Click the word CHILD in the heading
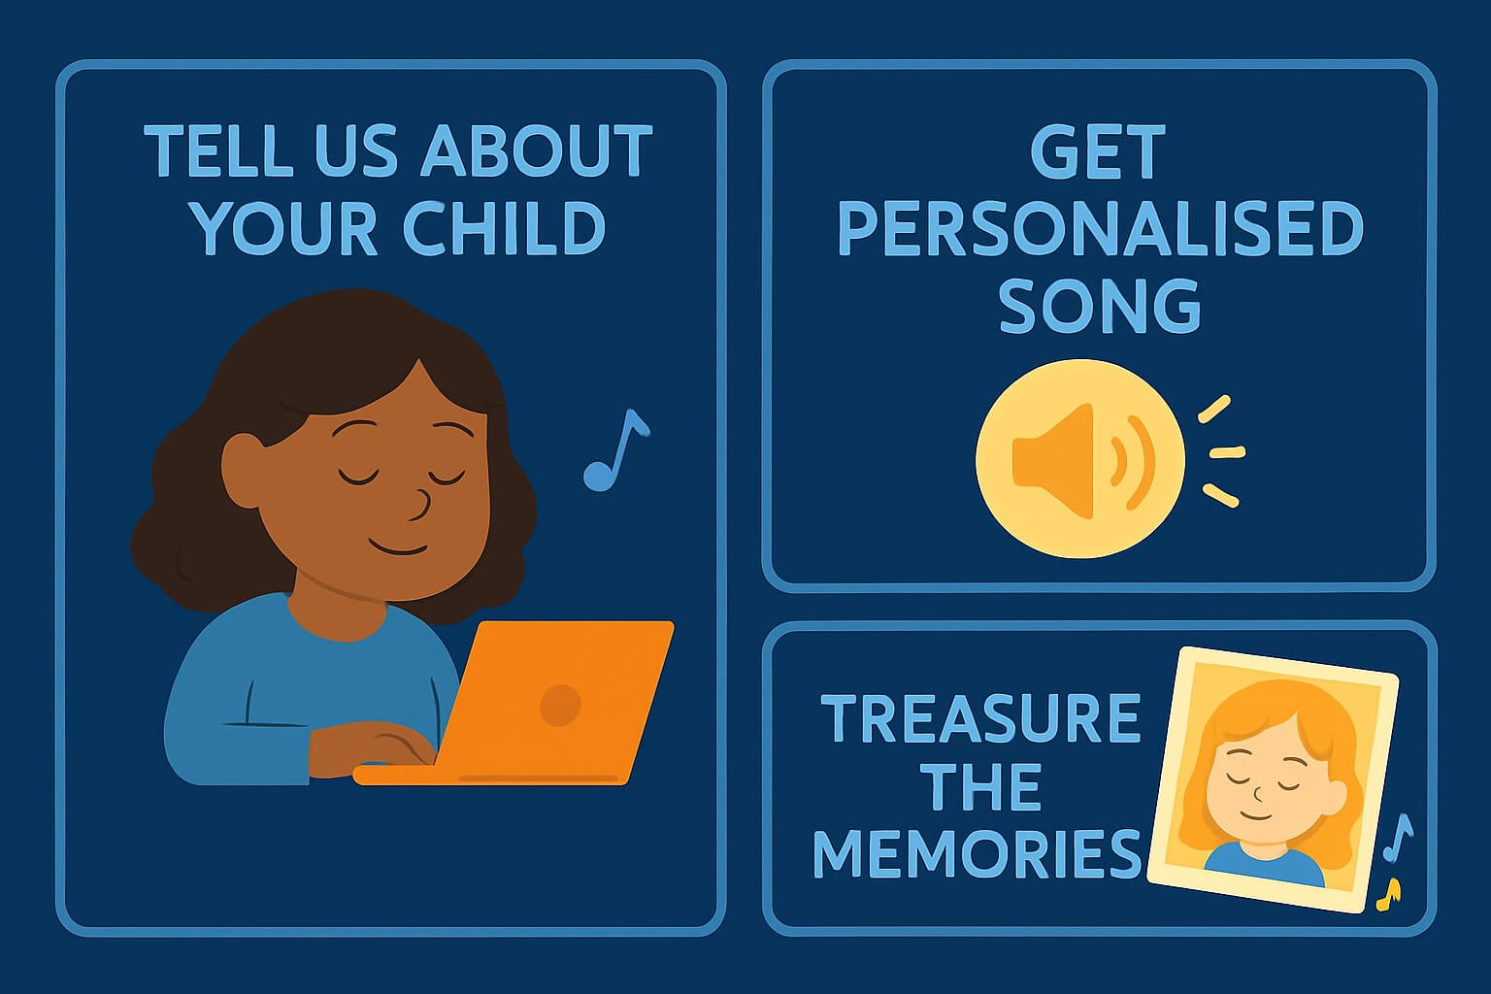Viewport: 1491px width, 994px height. point(504,228)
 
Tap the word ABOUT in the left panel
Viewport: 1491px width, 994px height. point(537,149)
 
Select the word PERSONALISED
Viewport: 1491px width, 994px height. point(1100,228)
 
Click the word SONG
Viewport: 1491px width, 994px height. point(1100,306)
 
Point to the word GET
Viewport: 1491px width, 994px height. point(1098,151)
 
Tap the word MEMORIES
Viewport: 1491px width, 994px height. point(977,853)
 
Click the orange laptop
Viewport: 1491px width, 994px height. point(514,703)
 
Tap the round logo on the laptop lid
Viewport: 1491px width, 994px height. point(560,705)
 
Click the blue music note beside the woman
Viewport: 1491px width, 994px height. point(615,450)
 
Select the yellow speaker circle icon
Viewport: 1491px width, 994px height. point(1079,459)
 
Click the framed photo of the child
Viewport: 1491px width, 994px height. point(1272,779)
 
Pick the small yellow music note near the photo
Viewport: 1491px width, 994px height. point(1389,894)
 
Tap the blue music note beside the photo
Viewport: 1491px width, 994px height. point(1398,837)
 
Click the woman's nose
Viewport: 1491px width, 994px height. point(420,505)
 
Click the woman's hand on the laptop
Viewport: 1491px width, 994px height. point(373,751)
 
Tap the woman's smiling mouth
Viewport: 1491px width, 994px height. point(398,547)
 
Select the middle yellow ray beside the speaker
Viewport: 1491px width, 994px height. point(1227,452)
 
